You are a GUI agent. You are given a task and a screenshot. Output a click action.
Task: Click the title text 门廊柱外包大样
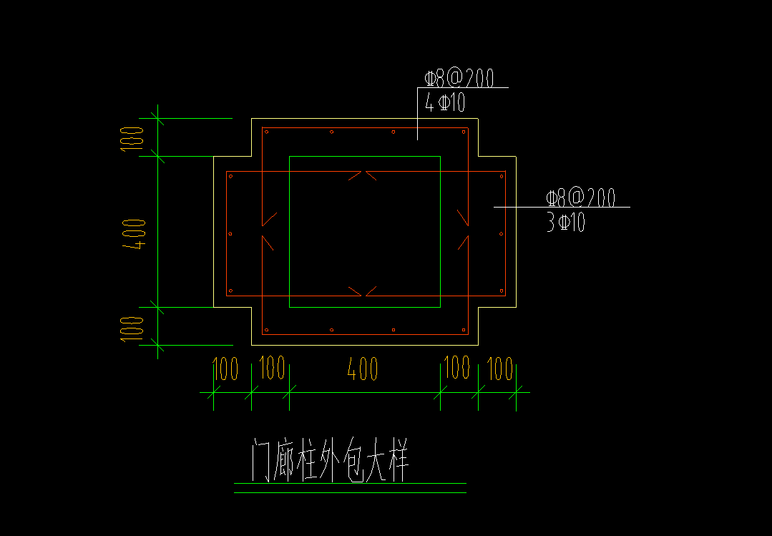coord(331,462)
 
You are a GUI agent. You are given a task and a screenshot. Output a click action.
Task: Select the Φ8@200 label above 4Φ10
coord(459,78)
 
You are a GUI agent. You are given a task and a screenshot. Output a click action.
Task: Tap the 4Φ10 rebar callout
coord(445,102)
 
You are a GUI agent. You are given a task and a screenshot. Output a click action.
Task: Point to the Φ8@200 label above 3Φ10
coord(580,198)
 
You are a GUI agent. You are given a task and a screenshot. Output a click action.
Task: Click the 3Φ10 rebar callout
coord(565,223)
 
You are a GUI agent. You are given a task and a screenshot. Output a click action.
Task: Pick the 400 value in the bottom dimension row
coord(363,369)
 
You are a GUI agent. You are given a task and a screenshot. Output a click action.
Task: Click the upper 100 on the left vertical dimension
coord(132,137)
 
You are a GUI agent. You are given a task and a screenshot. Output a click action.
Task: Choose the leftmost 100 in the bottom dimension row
coord(225,369)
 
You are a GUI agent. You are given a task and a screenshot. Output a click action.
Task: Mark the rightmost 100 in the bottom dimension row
coord(501,369)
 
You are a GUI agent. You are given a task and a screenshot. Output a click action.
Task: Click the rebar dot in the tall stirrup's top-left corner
coord(265,132)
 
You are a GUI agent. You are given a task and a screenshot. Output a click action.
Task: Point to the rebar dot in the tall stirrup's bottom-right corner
coord(464,330)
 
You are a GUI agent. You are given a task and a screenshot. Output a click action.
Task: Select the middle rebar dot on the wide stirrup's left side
coord(230,234)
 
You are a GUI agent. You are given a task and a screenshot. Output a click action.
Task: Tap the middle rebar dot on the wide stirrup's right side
coord(501,234)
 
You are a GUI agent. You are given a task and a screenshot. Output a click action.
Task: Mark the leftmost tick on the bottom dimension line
coord(213,392)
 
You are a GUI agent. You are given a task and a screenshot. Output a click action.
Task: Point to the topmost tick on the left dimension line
coord(158,118)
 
